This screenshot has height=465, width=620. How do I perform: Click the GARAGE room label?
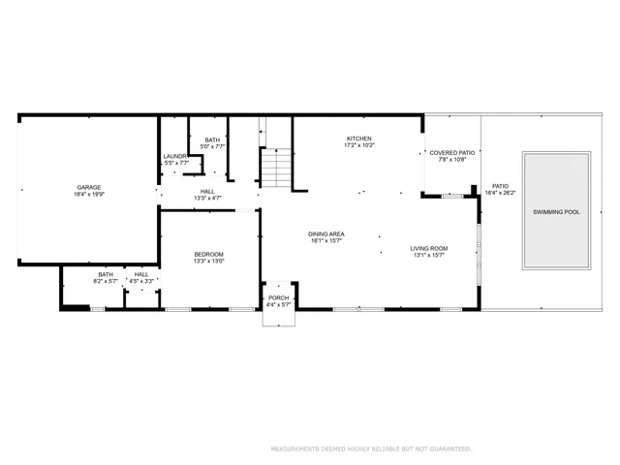click(x=89, y=187)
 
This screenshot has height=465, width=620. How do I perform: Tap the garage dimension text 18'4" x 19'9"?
click(x=89, y=195)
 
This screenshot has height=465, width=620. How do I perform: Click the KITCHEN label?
click(x=358, y=139)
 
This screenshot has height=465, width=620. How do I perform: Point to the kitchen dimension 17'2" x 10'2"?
click(x=358, y=146)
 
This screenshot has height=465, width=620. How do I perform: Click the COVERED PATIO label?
click(x=452, y=152)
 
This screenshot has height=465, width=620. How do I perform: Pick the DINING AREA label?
click(x=326, y=233)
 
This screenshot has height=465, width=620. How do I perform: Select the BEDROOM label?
click(x=208, y=254)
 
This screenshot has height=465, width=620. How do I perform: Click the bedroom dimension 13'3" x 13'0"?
click(x=208, y=262)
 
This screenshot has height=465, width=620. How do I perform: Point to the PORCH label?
click(x=279, y=297)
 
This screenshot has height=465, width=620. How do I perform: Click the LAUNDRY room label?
click(x=174, y=156)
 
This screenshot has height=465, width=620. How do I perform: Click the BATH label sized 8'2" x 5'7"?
click(x=106, y=274)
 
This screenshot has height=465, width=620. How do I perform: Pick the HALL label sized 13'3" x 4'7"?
click(x=207, y=191)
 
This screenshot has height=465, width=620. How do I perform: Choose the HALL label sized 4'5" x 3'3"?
click(x=141, y=274)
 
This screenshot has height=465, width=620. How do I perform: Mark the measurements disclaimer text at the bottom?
click(x=369, y=449)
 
